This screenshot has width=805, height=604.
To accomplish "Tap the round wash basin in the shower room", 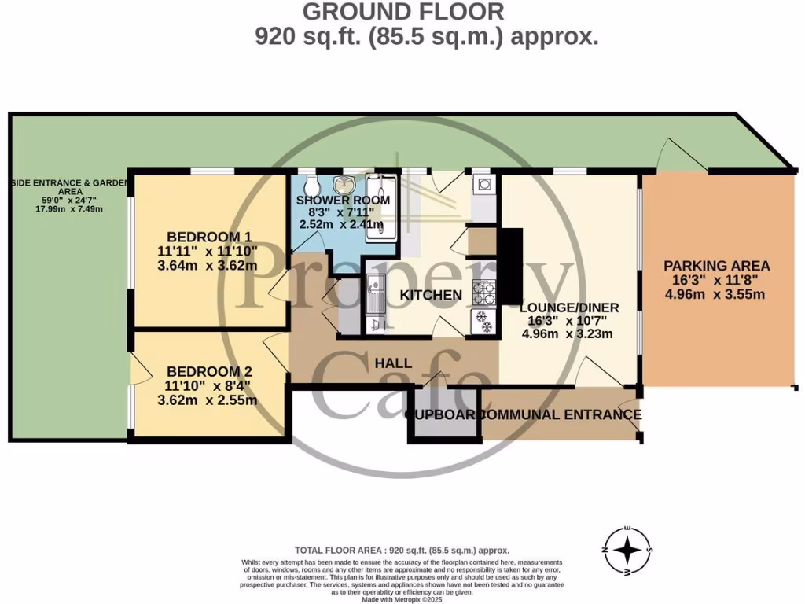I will point(344,186).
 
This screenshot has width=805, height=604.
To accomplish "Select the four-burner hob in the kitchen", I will point(483,293).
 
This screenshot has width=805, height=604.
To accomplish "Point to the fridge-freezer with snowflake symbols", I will point(483,322).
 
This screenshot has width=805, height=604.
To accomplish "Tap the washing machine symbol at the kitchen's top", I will point(483,186).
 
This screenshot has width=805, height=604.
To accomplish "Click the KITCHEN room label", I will point(431,295).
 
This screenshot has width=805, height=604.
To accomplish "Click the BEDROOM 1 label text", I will point(208,237).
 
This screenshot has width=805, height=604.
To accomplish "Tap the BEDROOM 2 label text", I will point(208,371).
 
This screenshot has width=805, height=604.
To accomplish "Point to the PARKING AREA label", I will point(716,266).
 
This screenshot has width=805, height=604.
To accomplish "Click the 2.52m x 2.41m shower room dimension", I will point(341,225).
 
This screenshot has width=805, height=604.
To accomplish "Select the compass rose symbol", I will point(627,550).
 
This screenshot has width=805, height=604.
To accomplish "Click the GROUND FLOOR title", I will point(403,12).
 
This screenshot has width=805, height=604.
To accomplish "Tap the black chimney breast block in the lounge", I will point(510,266).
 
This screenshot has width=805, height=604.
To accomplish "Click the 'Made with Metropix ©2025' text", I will point(402,599).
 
